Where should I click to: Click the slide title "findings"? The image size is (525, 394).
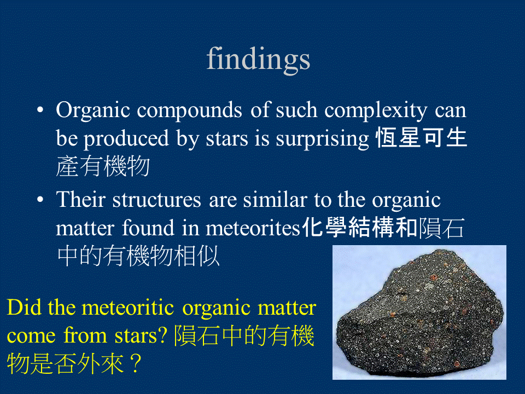pos(258,59)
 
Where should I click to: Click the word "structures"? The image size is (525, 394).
pos(157,200)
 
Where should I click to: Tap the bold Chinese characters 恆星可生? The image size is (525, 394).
pos(422,139)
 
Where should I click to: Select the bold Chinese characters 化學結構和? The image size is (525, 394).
pos(360,228)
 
